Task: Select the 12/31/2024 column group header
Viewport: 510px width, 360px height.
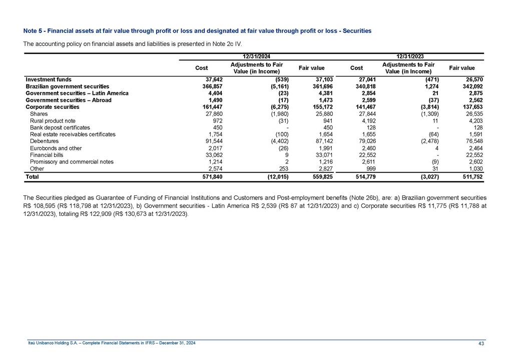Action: [256, 56]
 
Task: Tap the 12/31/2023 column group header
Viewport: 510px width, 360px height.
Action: [410, 56]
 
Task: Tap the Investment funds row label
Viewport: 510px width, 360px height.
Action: [48, 79]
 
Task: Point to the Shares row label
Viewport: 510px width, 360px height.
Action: [39, 114]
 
